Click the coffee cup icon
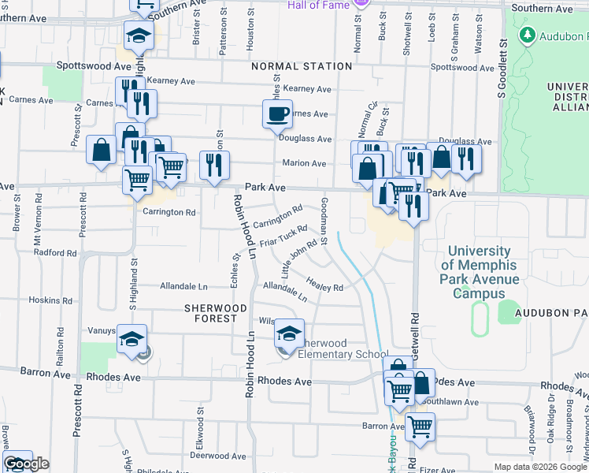[x=277, y=114]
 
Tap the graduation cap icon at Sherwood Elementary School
[x=289, y=334]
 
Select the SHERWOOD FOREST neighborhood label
[x=210, y=313]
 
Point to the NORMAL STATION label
[x=302, y=67]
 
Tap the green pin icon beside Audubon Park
[x=527, y=35]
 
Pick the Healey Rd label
[x=325, y=288]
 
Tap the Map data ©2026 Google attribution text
[x=540, y=467]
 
